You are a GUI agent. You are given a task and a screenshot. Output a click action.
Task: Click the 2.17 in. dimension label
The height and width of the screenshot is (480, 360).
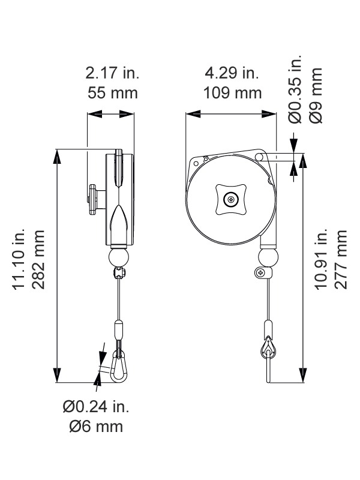coord(112,73)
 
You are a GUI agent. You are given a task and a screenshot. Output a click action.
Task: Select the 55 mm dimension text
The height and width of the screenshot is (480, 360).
coord(112,93)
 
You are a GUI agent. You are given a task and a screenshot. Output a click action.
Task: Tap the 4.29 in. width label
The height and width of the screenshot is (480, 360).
coord(232,73)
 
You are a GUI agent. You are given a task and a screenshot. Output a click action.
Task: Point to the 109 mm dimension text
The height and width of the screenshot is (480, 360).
coord(233,93)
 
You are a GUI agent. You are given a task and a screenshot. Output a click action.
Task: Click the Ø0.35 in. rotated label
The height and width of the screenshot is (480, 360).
coord(295,89)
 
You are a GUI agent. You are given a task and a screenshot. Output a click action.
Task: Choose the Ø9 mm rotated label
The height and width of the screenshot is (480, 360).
coord(316,95)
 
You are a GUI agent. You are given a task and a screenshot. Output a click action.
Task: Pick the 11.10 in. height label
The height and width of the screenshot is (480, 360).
coord(19,259)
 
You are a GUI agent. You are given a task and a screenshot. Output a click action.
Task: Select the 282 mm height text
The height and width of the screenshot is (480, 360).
coord(38,260)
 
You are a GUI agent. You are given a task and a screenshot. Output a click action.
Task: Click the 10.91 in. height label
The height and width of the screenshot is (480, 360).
coord(321,259)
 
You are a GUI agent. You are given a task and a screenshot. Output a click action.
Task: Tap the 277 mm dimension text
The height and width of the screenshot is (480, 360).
coord(341,260)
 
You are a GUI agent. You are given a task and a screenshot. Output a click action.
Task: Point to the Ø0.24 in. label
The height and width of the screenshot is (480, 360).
coord(96,407)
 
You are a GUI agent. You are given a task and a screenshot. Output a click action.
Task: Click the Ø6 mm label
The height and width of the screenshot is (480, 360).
coord(96,427)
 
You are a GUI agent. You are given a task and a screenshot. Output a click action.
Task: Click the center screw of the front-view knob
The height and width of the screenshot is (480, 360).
coord(231,200)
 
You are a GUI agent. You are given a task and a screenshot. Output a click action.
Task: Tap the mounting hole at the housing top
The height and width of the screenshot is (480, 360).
coord(259,157)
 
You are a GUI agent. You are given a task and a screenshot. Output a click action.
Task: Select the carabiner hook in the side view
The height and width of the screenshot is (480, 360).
coord(118,367)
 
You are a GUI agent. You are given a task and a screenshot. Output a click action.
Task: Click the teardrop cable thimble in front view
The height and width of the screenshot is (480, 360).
coord(268,348)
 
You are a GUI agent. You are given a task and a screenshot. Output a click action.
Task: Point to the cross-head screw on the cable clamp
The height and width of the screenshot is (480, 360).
coord(260,272)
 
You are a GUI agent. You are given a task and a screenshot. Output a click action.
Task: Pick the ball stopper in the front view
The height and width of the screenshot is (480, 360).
coord(268,258)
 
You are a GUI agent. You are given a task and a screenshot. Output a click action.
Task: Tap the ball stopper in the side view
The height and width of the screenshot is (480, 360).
coord(119,258)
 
